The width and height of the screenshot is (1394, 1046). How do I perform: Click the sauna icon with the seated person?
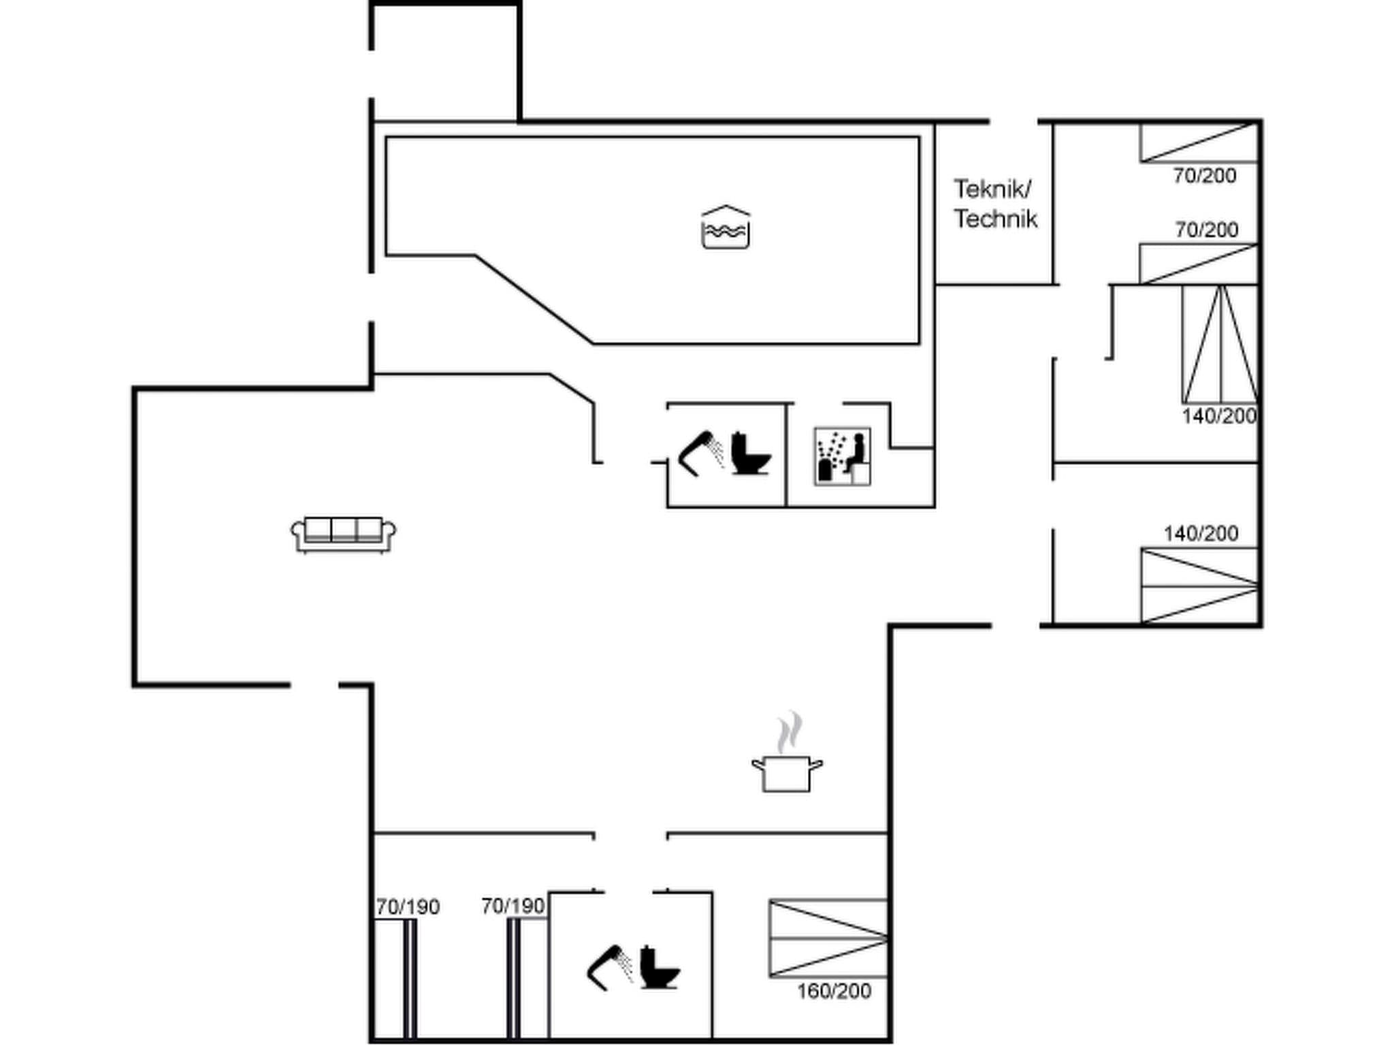[842, 456]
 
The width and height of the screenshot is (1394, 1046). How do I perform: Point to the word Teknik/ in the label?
[992, 189]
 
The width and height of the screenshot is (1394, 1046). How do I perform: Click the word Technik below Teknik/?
[995, 219]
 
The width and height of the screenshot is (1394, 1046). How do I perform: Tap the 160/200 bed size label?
[834, 991]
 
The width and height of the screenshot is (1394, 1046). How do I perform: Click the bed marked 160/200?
[828, 938]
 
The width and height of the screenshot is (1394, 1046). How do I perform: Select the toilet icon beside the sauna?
[751, 454]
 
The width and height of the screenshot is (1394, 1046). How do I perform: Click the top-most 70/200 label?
[1204, 176]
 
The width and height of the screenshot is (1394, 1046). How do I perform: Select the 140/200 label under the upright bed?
[1218, 416]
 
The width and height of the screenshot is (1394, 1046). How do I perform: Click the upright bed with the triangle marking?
[1220, 344]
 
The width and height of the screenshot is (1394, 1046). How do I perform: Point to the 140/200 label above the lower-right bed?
[1201, 533]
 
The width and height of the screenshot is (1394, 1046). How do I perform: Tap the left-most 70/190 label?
[408, 907]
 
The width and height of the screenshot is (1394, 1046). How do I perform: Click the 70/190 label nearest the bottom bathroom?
[513, 906]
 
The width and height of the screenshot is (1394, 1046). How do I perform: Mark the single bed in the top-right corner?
[1198, 142]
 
